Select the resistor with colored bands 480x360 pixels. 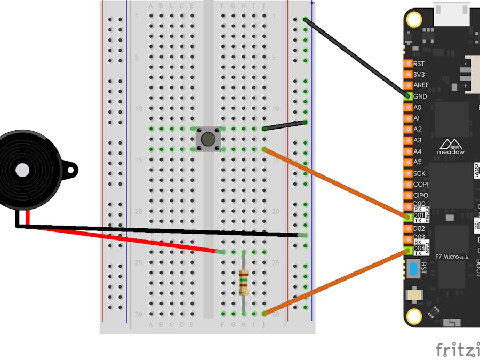click(244, 283)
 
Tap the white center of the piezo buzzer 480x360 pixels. click(22, 170)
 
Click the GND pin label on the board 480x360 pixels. click(420, 97)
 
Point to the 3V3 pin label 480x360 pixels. click(419, 75)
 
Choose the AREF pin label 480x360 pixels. click(421, 85)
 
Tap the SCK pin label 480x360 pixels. click(419, 173)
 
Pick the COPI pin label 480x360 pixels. click(420, 184)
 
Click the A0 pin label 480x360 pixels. click(417, 107)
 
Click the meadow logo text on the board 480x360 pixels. click(451, 152)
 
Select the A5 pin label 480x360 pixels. click(417, 162)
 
